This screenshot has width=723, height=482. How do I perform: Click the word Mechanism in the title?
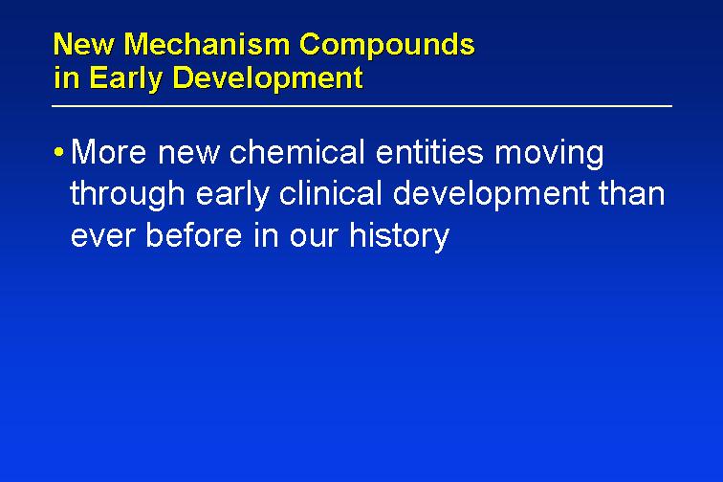tap(207, 44)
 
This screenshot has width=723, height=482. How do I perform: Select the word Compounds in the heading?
tap(387, 46)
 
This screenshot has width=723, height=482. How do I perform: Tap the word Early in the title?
tap(125, 78)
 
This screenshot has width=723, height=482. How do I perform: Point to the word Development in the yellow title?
tap(268, 78)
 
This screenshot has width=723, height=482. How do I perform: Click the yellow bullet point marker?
tap(58, 151)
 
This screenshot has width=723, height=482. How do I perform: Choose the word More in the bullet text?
tap(109, 152)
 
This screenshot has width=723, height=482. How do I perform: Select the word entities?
tap(429, 151)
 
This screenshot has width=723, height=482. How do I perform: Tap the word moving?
tap(549, 155)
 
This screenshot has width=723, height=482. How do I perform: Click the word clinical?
tap(331, 193)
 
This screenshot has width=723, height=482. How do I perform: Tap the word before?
tap(194, 234)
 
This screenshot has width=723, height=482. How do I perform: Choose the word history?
tap(399, 237)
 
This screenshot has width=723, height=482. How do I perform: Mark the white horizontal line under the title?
tap(361, 106)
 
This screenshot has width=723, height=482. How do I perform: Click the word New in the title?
tap(84, 44)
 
